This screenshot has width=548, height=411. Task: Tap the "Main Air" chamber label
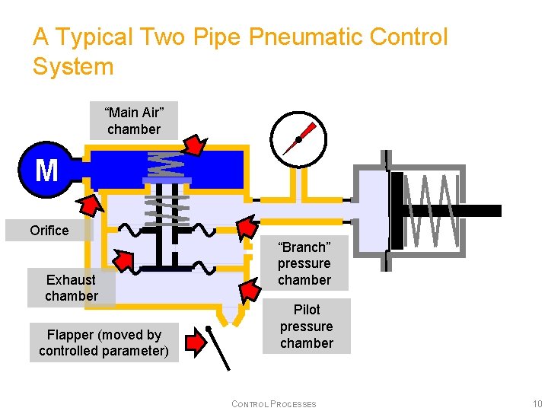click(x=134, y=121)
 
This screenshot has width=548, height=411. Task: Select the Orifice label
click(x=49, y=230)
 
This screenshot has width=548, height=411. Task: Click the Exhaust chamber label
click(x=72, y=288)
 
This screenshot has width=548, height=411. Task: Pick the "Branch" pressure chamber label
click(x=304, y=263)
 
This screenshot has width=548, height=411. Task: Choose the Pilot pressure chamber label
click(x=307, y=327)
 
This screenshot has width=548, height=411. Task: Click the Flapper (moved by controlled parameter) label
click(x=104, y=343)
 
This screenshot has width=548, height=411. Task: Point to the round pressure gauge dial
click(x=298, y=139)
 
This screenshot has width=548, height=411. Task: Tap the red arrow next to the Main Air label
click(x=196, y=144)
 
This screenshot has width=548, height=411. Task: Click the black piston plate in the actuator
click(x=396, y=211)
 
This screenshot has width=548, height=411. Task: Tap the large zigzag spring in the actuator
click(x=432, y=211)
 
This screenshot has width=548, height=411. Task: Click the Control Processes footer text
click(x=273, y=404)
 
